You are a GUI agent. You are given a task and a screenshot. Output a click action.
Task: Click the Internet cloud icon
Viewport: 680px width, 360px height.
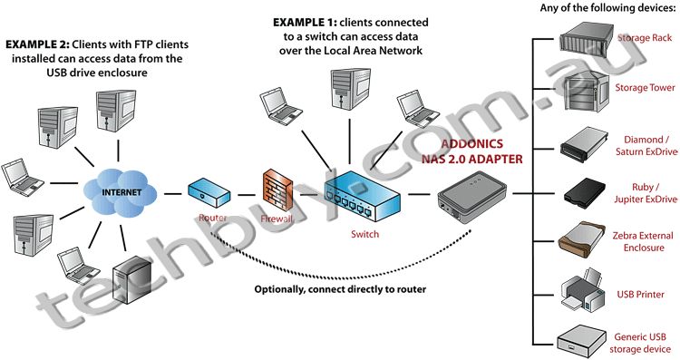[126, 192]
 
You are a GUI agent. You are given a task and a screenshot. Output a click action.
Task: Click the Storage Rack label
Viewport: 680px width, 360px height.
[645, 39]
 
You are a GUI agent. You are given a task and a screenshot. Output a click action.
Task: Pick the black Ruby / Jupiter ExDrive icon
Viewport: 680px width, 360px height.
[580, 191]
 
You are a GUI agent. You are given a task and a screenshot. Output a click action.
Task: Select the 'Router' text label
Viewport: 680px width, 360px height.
[211, 218]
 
